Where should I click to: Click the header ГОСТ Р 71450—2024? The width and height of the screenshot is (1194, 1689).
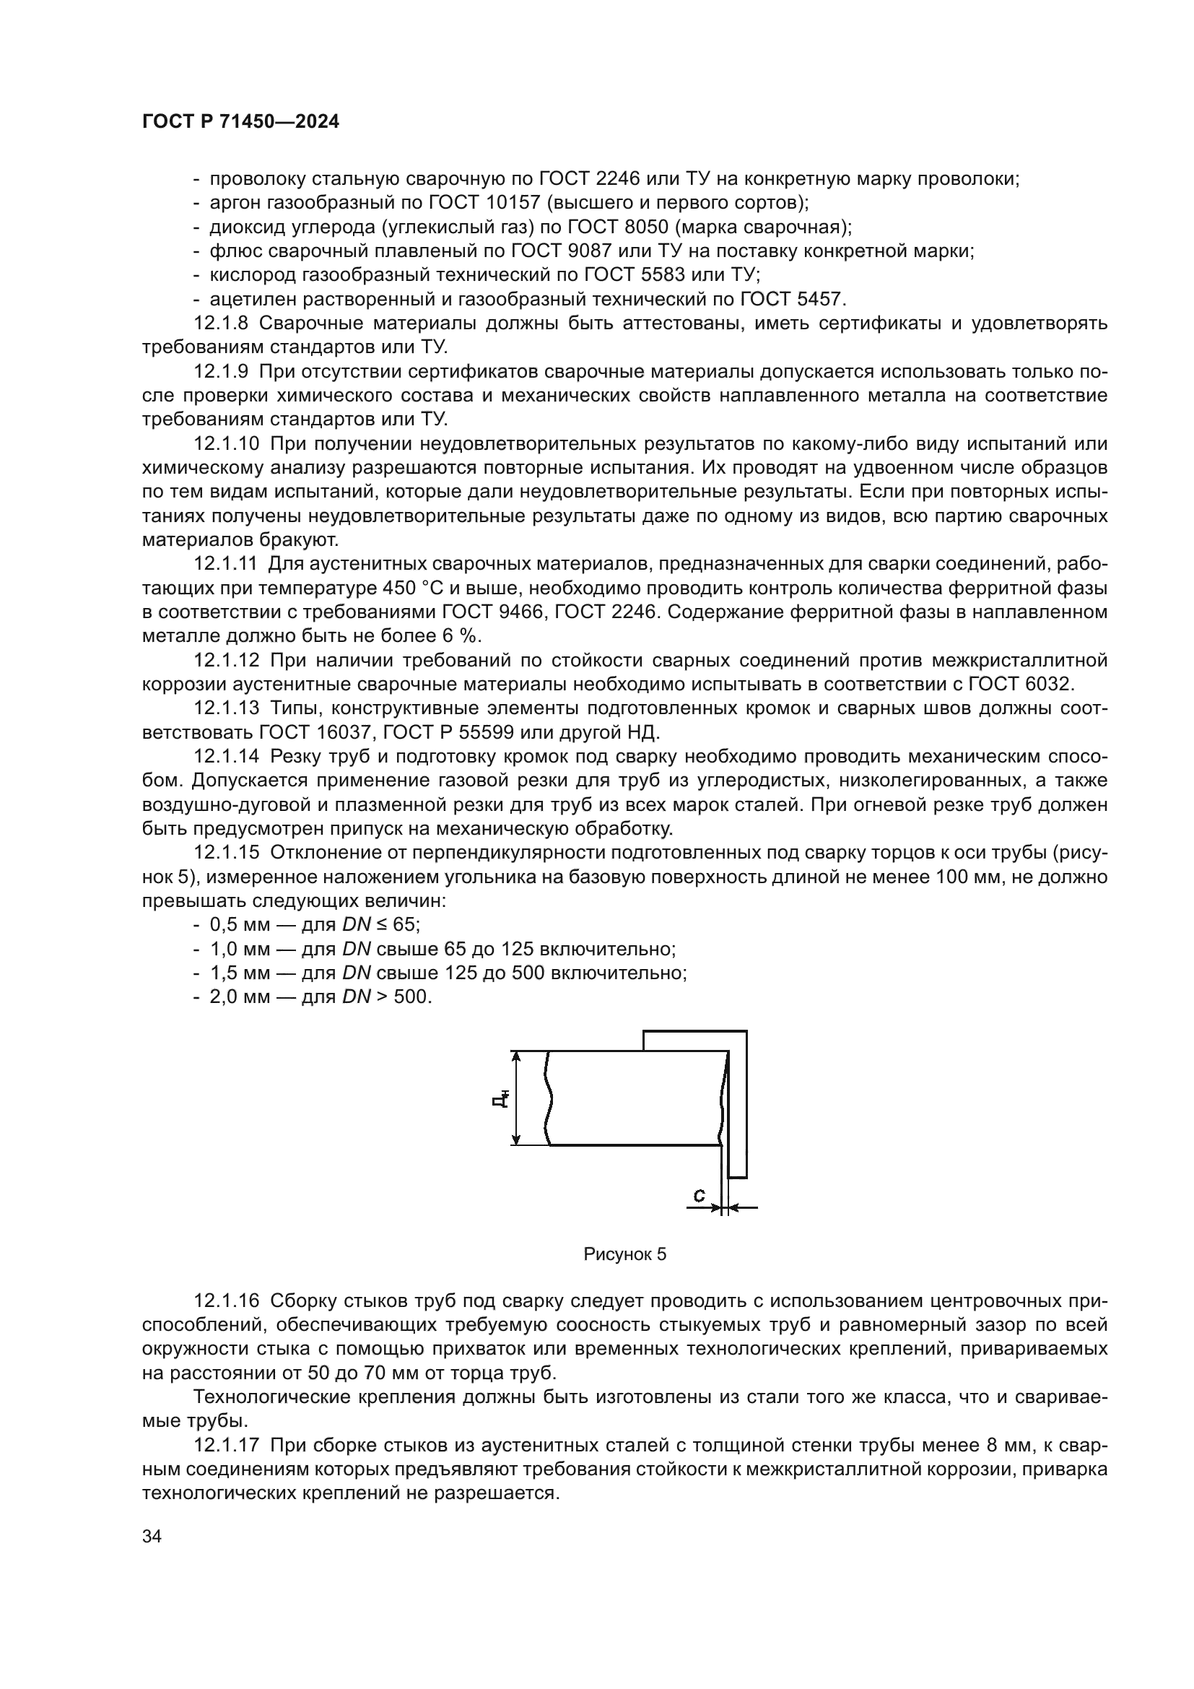(240, 122)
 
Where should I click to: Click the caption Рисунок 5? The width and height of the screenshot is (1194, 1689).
(624, 1254)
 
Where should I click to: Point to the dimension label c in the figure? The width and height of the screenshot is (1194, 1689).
(699, 1195)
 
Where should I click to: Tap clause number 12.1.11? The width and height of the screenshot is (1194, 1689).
(225, 564)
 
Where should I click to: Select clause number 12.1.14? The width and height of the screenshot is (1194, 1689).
(227, 756)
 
